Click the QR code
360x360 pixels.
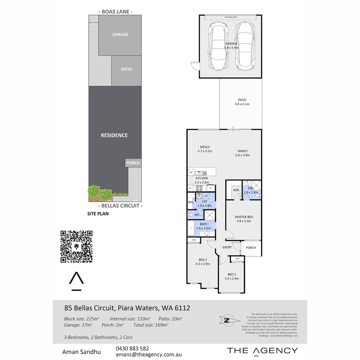76,247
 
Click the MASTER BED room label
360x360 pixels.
244,219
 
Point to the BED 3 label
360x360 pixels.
231,276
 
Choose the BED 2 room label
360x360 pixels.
203,262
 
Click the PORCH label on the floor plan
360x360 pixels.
251,248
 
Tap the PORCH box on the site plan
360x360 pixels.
133,163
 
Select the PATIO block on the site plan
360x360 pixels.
126,69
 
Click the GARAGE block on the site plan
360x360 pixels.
120,35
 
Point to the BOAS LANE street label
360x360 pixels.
115,12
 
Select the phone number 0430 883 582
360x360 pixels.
132,348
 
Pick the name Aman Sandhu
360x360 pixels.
81,352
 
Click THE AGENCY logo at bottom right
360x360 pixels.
262,350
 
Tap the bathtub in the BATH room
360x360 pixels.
192,229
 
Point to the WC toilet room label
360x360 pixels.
197,215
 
